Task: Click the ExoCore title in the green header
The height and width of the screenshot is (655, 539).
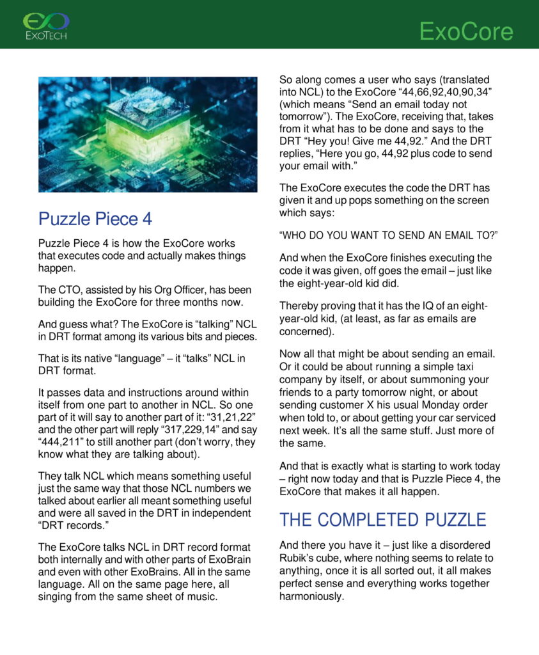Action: pos(466,31)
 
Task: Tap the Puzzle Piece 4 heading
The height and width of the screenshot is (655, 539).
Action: pos(95,219)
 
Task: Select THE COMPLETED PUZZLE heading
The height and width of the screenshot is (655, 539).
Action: pos(382,519)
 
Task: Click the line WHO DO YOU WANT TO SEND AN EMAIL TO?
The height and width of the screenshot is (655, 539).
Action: pos(388,235)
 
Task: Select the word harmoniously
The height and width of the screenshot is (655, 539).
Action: pos(312,596)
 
